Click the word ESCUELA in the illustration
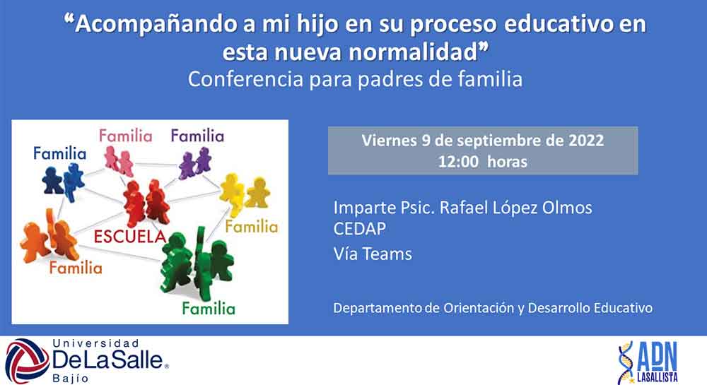coord(130,237)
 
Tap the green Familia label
coord(209,309)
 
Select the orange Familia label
coord(76,268)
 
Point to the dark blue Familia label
coord(59,153)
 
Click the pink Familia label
coord(126,136)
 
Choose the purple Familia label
coord(197,136)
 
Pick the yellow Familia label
coord(252,227)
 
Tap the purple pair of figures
coord(195,162)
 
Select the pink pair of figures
coord(119,161)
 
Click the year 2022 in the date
coord(585,141)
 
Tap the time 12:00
coord(458,162)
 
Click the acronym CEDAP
coord(359,229)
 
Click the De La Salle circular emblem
coord(27,361)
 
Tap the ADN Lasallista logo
coord(648,362)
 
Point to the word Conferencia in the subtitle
coord(246,79)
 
